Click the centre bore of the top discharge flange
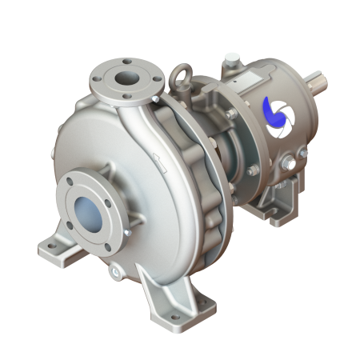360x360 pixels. click(126, 78)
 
